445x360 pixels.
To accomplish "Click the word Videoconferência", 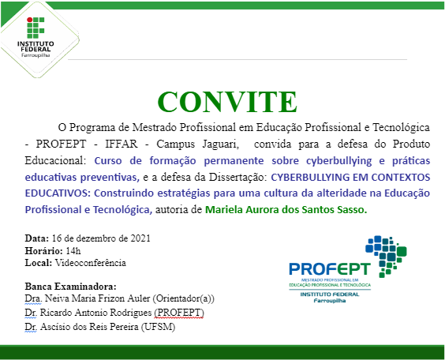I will coord(91,263).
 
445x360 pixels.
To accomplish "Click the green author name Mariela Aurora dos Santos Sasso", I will coord(286,210).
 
